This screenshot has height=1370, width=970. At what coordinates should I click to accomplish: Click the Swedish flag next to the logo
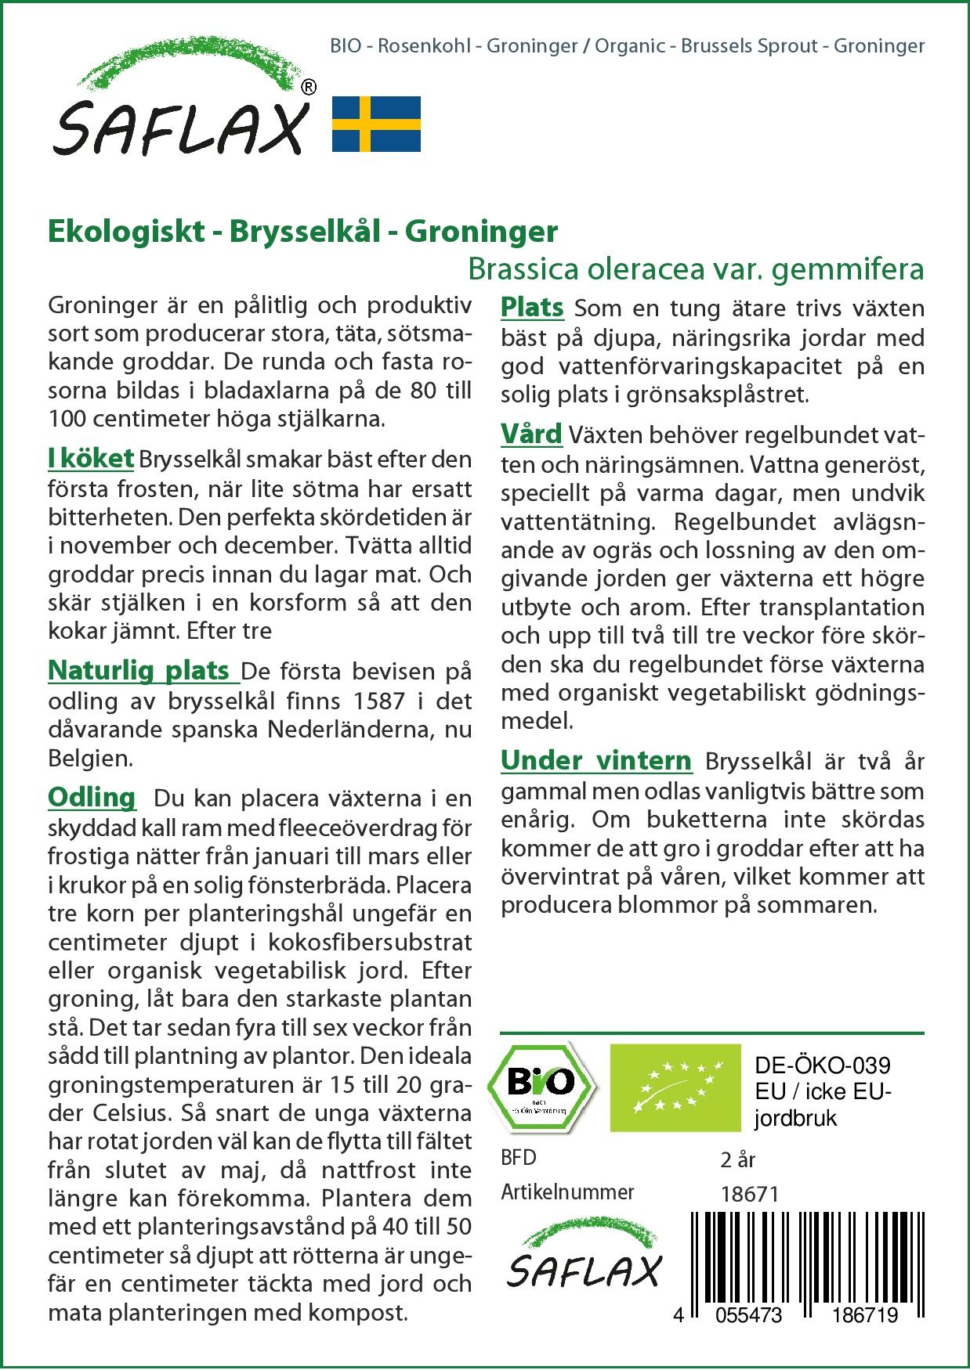377,124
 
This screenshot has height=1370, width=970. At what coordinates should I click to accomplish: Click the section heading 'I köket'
91,459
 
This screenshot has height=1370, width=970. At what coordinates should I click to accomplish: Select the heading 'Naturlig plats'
139,671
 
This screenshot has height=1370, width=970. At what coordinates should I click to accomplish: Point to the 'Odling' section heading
92,798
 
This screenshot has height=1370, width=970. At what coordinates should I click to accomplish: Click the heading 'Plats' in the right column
532,307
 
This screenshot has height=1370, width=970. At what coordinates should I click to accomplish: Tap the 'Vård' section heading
531,434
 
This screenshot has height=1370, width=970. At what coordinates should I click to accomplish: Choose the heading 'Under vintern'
596,760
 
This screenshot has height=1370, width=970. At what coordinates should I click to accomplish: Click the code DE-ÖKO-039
822,1065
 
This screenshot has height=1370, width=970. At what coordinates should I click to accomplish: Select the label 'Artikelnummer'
567,1192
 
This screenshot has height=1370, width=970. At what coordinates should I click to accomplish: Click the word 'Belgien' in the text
88,758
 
